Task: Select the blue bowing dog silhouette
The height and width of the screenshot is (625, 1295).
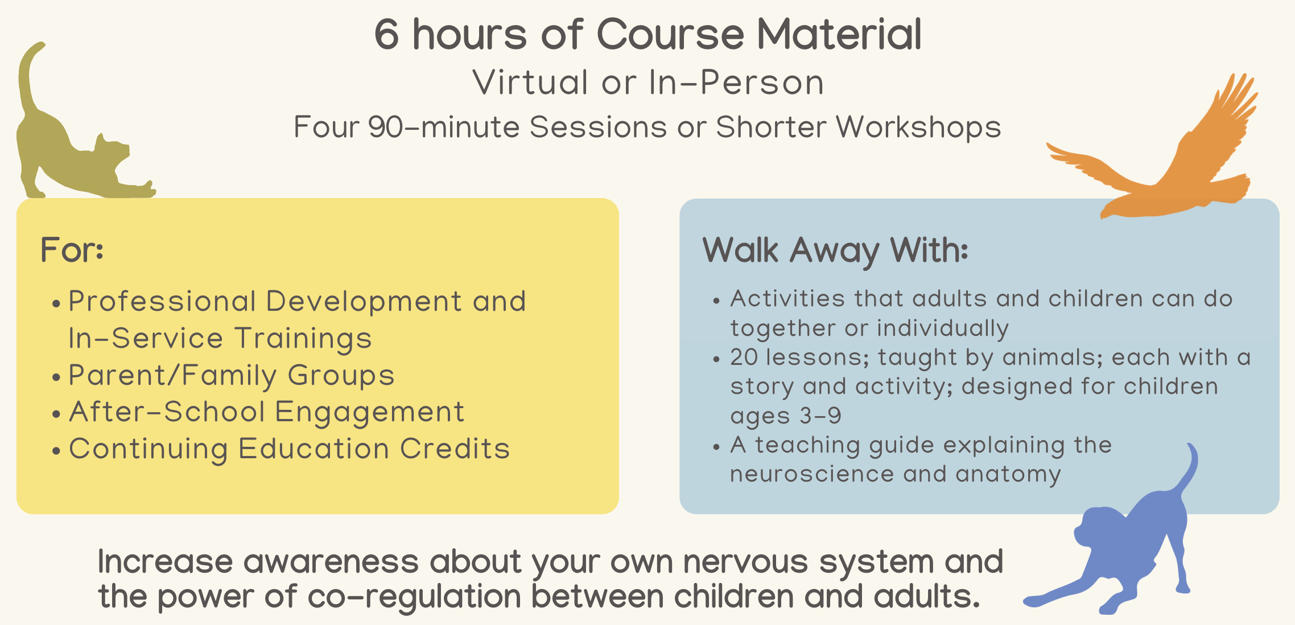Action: pos(1132,546)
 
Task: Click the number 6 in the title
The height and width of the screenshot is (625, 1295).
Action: pos(387,34)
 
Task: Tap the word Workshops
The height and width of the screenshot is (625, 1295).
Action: pos(918,128)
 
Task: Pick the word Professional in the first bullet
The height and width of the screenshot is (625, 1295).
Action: pos(163,301)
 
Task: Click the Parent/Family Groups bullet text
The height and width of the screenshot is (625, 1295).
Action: pos(232,376)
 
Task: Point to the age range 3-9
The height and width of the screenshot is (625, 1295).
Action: pos(820,416)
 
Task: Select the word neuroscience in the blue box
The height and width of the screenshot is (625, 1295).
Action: pos(812,475)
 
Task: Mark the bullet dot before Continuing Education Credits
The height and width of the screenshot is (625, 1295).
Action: pos(56,451)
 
